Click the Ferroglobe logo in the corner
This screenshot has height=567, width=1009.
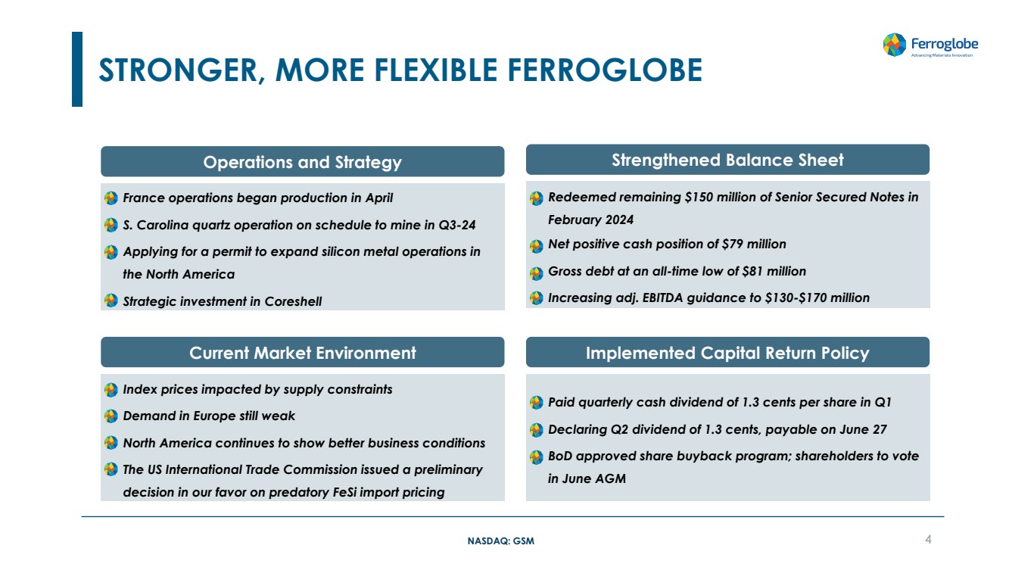[x=930, y=45]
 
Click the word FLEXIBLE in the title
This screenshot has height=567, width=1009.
[x=435, y=70]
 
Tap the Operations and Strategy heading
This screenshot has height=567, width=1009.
[x=302, y=162]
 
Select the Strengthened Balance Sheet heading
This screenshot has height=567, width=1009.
[x=727, y=160]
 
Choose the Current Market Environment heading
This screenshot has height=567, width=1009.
[x=302, y=353]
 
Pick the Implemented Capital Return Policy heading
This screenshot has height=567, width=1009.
[x=727, y=353]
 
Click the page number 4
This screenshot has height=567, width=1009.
[x=928, y=539]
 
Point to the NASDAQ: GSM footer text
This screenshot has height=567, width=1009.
[x=501, y=541]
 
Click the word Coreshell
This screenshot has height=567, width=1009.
[x=293, y=301]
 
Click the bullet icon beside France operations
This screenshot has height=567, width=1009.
[x=111, y=198]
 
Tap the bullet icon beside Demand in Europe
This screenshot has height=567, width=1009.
[x=111, y=416]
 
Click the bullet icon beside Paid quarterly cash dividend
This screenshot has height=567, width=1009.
[x=536, y=402]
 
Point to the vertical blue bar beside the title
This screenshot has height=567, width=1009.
[x=77, y=70]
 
